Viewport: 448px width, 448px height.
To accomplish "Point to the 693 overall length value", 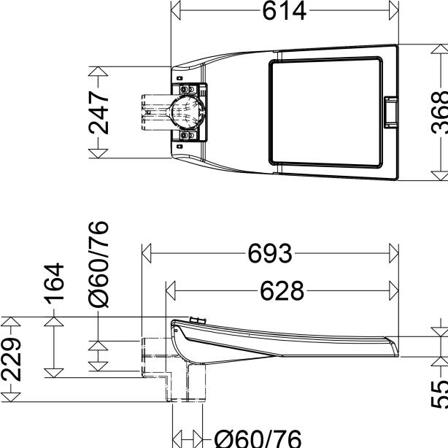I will (x=269, y=255).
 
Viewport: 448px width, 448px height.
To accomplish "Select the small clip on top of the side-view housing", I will (x=195, y=320).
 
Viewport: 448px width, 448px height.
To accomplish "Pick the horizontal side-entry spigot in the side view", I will (x=155, y=357).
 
